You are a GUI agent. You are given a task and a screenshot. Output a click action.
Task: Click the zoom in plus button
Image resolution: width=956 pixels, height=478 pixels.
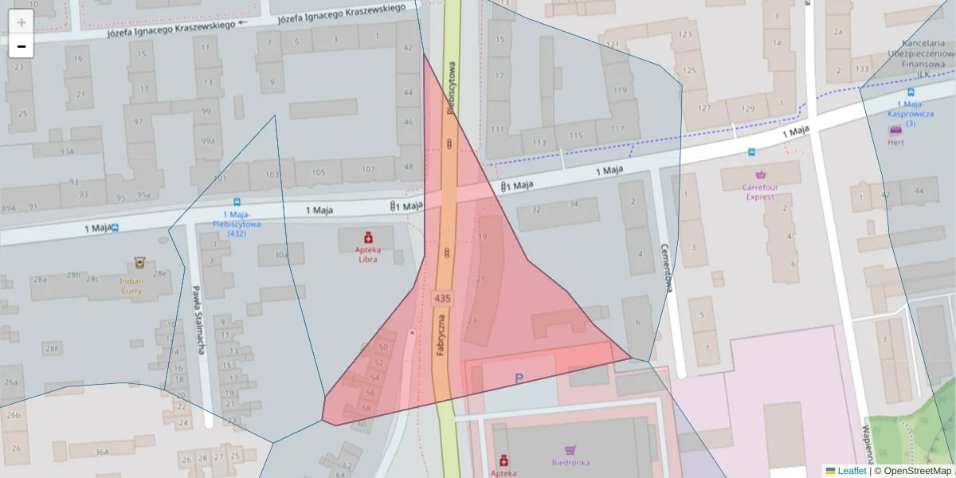22,22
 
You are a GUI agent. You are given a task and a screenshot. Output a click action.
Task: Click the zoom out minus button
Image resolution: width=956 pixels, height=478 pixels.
22,46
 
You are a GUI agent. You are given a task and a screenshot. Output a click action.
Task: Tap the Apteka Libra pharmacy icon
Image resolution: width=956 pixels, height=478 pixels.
368,237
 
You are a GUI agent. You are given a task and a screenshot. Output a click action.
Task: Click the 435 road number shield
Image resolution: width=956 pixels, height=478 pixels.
442,298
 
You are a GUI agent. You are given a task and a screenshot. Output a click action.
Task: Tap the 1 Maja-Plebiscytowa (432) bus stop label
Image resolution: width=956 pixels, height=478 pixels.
236,224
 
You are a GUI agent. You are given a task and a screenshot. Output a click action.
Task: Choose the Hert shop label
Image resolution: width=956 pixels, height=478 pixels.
896,143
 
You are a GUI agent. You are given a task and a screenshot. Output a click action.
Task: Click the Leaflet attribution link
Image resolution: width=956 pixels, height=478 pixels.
851,471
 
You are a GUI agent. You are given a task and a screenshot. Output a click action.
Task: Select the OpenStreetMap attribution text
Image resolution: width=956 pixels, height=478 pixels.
912,471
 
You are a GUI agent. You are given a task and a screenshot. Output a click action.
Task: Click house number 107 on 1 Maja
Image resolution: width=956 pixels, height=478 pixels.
367,169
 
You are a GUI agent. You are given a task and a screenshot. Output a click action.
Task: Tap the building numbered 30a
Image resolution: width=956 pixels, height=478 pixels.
280,255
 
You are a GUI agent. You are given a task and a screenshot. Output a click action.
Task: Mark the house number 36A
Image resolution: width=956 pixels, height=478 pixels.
102,452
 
